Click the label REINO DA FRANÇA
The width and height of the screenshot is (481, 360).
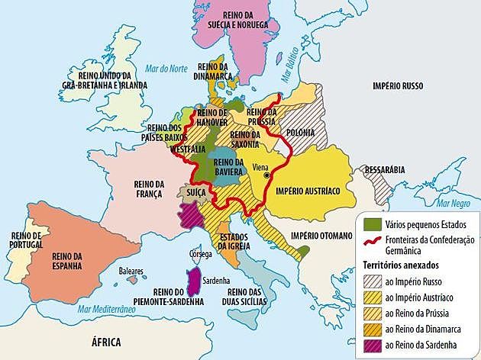click(149, 188)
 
